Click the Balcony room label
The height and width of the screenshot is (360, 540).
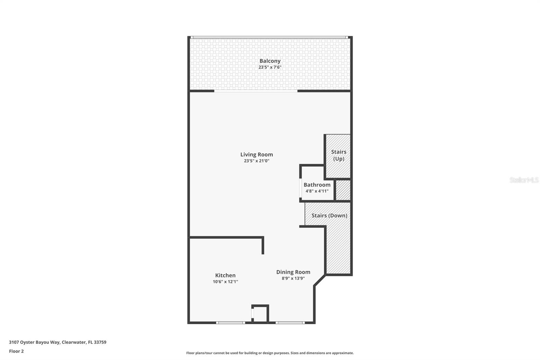click(x=270, y=61)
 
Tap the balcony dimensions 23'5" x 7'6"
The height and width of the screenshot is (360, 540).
click(x=270, y=67)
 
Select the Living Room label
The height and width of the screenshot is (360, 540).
click(x=256, y=154)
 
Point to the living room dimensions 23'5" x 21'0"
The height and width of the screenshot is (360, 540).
click(x=256, y=161)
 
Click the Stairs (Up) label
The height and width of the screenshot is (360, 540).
click(x=339, y=155)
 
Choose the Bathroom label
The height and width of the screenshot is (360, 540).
click(x=317, y=185)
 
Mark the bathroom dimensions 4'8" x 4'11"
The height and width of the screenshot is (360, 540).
click(x=317, y=191)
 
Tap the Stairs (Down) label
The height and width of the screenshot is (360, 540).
click(x=329, y=215)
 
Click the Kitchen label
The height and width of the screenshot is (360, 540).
click(x=225, y=275)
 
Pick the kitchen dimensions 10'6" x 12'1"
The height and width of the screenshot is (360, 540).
click(x=225, y=282)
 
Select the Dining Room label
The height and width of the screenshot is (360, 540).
click(x=293, y=272)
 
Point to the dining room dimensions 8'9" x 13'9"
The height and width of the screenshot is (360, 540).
click(x=293, y=278)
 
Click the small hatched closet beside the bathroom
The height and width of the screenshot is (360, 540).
click(x=343, y=190)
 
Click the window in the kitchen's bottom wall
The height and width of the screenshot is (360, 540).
click(x=231, y=323)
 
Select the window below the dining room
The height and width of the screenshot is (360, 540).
click(x=290, y=323)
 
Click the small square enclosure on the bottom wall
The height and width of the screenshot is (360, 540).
click(x=260, y=314)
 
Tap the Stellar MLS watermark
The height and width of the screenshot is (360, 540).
click(x=524, y=180)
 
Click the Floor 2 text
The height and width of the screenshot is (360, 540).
click(x=16, y=351)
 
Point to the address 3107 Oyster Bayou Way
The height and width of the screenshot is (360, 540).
click(x=57, y=342)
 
